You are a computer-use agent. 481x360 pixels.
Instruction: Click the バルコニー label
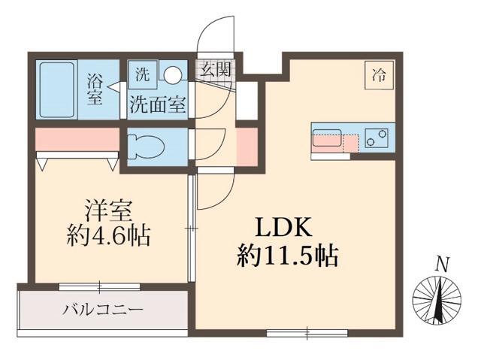click(x=103, y=309)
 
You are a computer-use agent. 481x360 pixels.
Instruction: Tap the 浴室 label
click(x=95, y=88)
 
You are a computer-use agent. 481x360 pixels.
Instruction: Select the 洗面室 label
click(x=157, y=105)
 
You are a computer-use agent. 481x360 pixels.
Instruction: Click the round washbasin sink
click(x=173, y=75)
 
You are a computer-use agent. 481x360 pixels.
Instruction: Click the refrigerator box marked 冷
click(x=379, y=75)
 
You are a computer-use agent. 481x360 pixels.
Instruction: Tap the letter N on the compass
click(x=443, y=264)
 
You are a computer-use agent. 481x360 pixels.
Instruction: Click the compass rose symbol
click(x=438, y=301)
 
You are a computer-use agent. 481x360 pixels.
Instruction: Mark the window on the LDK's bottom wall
click(x=307, y=331)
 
